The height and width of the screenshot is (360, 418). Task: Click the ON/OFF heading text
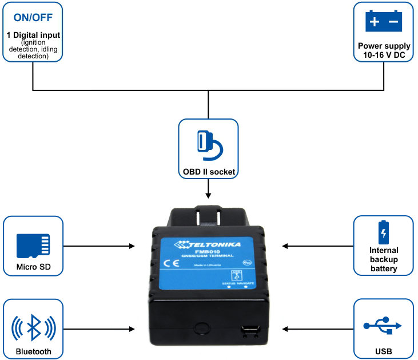33,17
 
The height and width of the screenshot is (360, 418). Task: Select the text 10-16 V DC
384,54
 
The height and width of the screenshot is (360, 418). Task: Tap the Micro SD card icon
33,244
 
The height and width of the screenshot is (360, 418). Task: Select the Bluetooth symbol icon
33,328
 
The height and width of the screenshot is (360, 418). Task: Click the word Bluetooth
33,351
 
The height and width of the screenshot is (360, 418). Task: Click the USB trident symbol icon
383,326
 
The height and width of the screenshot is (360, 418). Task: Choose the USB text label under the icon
383,351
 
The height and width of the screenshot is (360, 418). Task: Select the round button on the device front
201,328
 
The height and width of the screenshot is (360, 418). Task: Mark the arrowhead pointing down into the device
208,199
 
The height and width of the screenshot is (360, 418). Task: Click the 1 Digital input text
33,35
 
